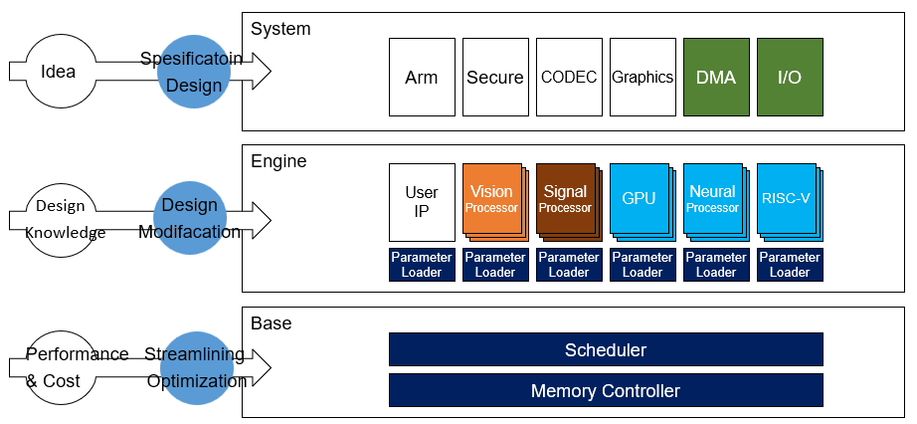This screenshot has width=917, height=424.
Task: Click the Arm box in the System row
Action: pos(422,78)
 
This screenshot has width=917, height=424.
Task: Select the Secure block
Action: pos(495,78)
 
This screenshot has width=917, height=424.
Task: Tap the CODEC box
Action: pos(569,78)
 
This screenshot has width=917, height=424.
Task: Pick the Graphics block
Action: pos(642,78)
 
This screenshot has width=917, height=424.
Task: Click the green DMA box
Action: pos(716,78)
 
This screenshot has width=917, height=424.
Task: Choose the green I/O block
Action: pos(790,78)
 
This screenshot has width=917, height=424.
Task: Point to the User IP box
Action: pos(422,202)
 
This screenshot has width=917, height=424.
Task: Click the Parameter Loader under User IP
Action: pos(422,265)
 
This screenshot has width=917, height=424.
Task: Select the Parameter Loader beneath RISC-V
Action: pos(790,265)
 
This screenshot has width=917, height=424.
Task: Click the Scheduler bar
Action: pos(606,349)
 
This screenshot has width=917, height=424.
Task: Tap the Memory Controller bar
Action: pos(606,390)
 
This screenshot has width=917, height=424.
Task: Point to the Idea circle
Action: pos(59,72)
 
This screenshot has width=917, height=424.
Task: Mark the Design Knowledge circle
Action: pos(60,220)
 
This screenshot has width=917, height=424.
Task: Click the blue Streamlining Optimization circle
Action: pos(197,368)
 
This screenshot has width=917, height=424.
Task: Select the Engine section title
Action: pos(278,161)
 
